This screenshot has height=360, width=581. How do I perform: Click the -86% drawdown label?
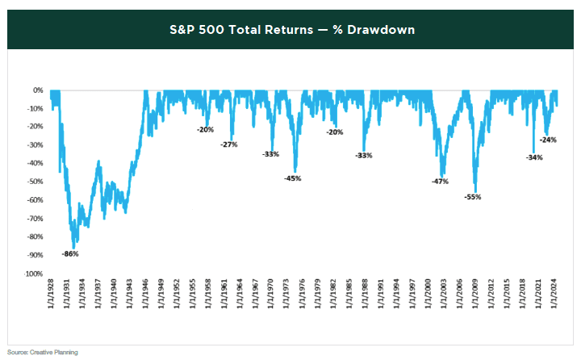(x=71, y=254)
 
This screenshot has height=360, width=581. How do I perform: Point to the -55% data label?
(x=473, y=197)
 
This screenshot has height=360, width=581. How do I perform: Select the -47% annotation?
(x=441, y=182)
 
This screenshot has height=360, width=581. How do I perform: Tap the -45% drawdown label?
(x=292, y=178)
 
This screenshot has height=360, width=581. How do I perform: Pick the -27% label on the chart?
(x=229, y=144)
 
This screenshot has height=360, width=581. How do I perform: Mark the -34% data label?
(x=534, y=157)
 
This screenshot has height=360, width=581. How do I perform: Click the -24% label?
(x=548, y=140)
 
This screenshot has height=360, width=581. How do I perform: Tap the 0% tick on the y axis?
(x=37, y=90)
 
